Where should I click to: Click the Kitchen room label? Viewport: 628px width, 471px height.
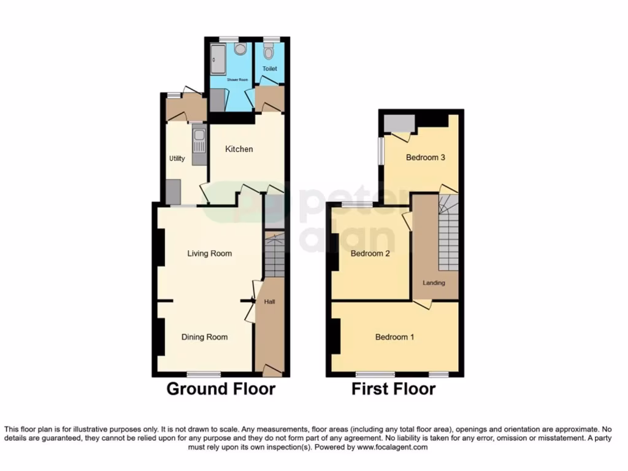click(x=239, y=149)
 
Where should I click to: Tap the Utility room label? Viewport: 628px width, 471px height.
click(x=177, y=159)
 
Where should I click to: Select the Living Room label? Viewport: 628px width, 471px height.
click(x=210, y=253)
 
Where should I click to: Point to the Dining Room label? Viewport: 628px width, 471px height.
click(x=204, y=337)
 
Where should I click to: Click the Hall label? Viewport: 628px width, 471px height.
click(x=269, y=302)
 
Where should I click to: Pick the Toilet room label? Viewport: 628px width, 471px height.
click(x=270, y=69)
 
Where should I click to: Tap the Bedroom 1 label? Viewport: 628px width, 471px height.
click(x=395, y=337)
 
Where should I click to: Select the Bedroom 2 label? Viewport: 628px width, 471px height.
click(x=370, y=253)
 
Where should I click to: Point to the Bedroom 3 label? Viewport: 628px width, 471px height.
click(x=426, y=158)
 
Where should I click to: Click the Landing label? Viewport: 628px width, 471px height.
click(x=434, y=283)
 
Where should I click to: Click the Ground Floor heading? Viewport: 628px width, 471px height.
click(x=221, y=388)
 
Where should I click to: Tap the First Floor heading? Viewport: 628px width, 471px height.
click(x=393, y=388)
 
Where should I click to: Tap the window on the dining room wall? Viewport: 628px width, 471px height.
click(x=204, y=373)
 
